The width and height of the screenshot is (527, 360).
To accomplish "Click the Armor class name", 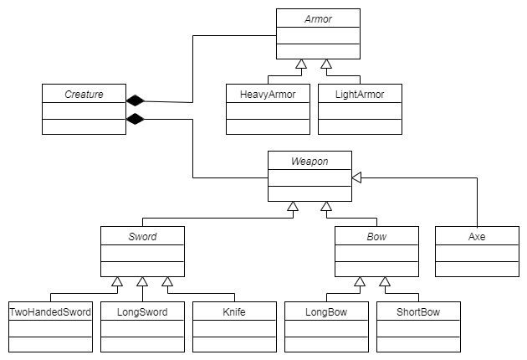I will pyautogui.click(x=318, y=18).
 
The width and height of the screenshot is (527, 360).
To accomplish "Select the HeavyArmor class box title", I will pyautogui.click(x=259, y=94).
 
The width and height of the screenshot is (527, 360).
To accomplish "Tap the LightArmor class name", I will pyautogui.click(x=360, y=94).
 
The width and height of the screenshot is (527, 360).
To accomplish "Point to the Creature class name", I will pyautogui.click(x=84, y=94).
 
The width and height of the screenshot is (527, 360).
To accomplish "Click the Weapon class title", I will pyautogui.click(x=310, y=161).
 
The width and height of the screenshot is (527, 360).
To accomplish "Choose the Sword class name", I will pyautogui.click(x=142, y=236).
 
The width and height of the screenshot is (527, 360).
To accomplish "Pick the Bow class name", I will pyautogui.click(x=376, y=236).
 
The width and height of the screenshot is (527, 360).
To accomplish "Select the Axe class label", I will pyautogui.click(x=477, y=236).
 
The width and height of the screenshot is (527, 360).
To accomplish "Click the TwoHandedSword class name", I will pyautogui.click(x=50, y=311).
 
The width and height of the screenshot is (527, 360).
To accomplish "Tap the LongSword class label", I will pyautogui.click(x=142, y=311).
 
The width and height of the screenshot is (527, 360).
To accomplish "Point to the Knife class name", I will pyautogui.click(x=234, y=311).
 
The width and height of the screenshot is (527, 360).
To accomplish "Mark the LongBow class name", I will pyautogui.click(x=326, y=311).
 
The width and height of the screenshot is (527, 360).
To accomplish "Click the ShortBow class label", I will pyautogui.click(x=418, y=311).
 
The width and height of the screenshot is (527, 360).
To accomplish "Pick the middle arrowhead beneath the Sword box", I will pyautogui.click(x=142, y=282).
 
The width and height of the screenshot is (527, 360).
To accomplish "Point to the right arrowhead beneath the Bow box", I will pyautogui.click(x=385, y=282).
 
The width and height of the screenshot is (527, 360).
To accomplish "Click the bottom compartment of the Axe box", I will pyautogui.click(x=477, y=269).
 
